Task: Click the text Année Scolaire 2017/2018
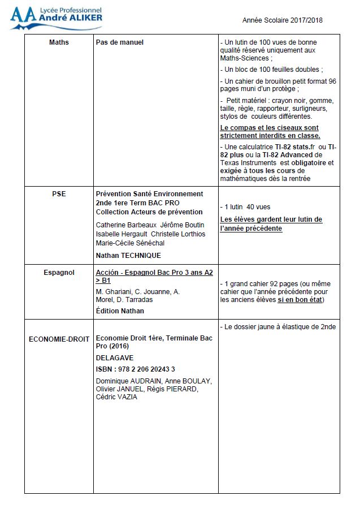(282, 20)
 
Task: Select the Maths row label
(59, 42)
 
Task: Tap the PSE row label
(59, 193)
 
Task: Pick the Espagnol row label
(59, 273)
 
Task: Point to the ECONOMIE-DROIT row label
(59, 339)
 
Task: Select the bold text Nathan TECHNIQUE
(128, 256)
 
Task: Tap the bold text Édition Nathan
(120, 311)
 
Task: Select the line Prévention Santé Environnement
(149, 193)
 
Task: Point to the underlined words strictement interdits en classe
(270, 136)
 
